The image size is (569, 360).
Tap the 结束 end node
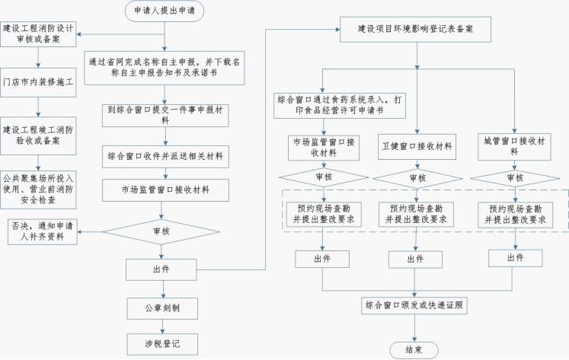point(414,349)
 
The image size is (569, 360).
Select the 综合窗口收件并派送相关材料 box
point(166,155)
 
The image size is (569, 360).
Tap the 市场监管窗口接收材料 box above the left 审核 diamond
point(166,188)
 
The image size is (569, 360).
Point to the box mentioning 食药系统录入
point(324,105)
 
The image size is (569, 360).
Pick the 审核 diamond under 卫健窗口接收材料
point(416,178)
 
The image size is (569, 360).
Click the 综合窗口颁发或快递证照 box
point(414,305)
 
